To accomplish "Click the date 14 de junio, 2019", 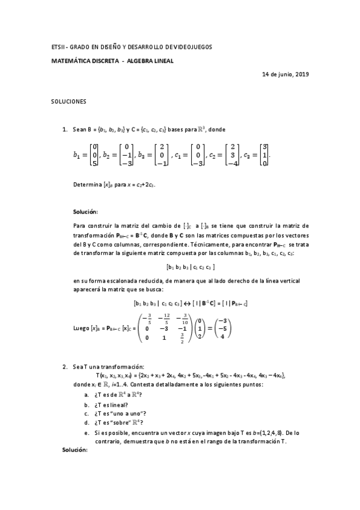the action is (x=285, y=74).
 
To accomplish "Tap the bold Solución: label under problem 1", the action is (x=85, y=212).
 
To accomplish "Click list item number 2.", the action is (x=65, y=366).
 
